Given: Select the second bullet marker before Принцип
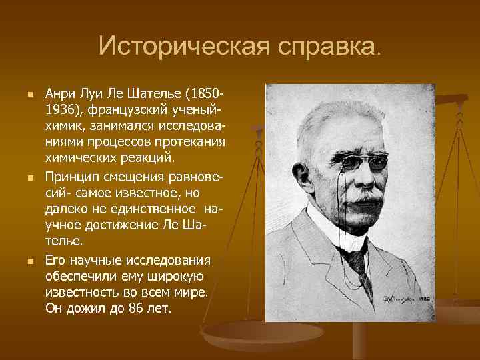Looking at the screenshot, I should point(29,179).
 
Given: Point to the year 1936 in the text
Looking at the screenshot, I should point(58,109).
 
